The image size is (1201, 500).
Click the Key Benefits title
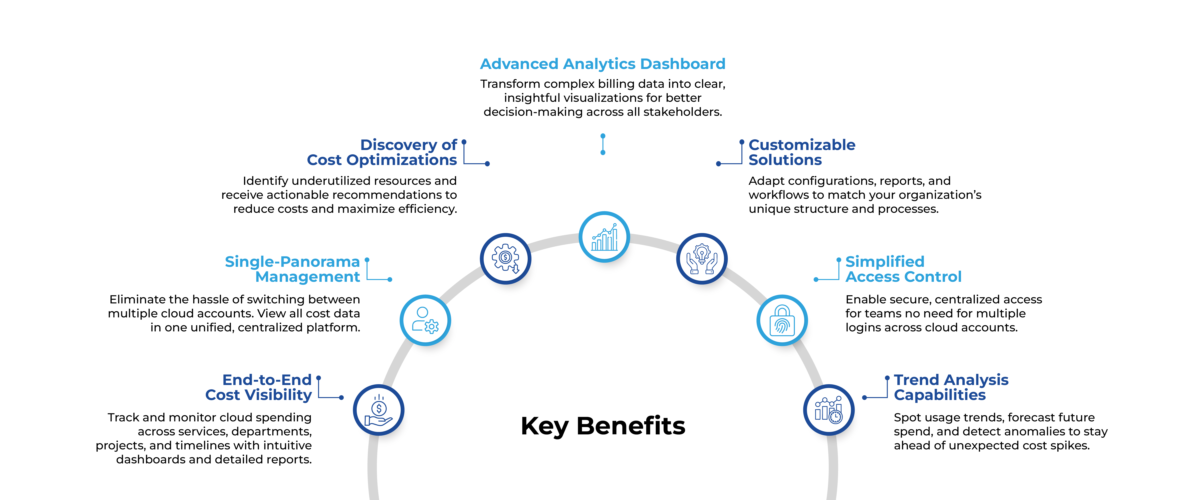tap(603, 426)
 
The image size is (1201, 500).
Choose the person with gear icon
tap(425, 320)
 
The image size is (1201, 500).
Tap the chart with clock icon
tap(828, 410)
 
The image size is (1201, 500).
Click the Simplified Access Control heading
tap(903, 269)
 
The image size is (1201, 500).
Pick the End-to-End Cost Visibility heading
tap(259, 387)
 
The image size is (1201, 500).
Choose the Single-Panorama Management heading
tap(292, 269)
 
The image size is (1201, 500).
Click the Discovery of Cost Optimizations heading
tap(382, 152)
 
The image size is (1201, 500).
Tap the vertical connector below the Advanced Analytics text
tap(603, 144)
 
